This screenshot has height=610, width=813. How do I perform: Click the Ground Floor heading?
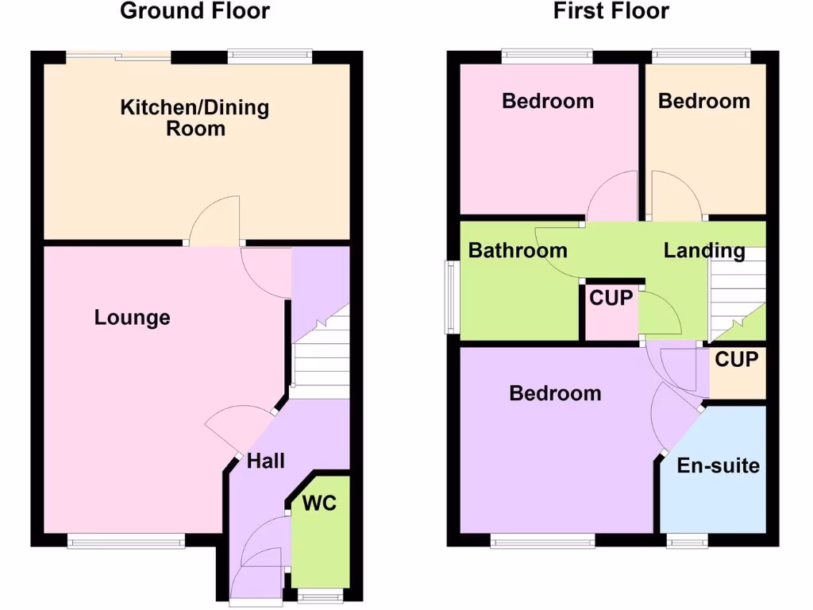pos(195,11)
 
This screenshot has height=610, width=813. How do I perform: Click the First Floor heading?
pos(611,11)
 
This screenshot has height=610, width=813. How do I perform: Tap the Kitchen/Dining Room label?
pos(195,118)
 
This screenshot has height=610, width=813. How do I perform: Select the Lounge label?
pos(132,318)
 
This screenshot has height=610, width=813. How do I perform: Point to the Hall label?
pos(265,461)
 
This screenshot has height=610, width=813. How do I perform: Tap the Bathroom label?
pos(518,251)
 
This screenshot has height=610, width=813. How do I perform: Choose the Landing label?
pos(704,251)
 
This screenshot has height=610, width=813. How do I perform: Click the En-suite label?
pos(718,465)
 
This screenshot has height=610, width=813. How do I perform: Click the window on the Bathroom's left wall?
pos(450,297)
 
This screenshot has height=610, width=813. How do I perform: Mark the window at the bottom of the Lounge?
pos(126,542)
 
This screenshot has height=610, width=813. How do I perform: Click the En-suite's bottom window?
pos(688,542)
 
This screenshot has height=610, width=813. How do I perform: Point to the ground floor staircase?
pos(321,357)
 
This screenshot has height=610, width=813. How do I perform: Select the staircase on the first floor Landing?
pos(736,302)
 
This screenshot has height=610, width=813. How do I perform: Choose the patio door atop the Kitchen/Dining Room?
pos(119,56)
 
